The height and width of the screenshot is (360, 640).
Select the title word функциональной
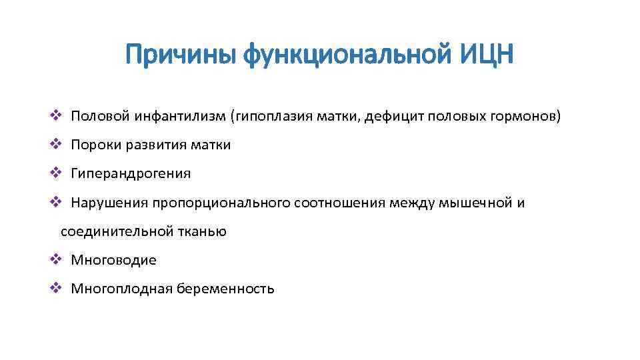tap(347, 54)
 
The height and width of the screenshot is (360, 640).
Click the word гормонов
tap(526, 117)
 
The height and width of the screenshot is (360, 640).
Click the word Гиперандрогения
tap(131, 173)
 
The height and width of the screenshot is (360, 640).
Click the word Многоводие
tap(113, 260)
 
